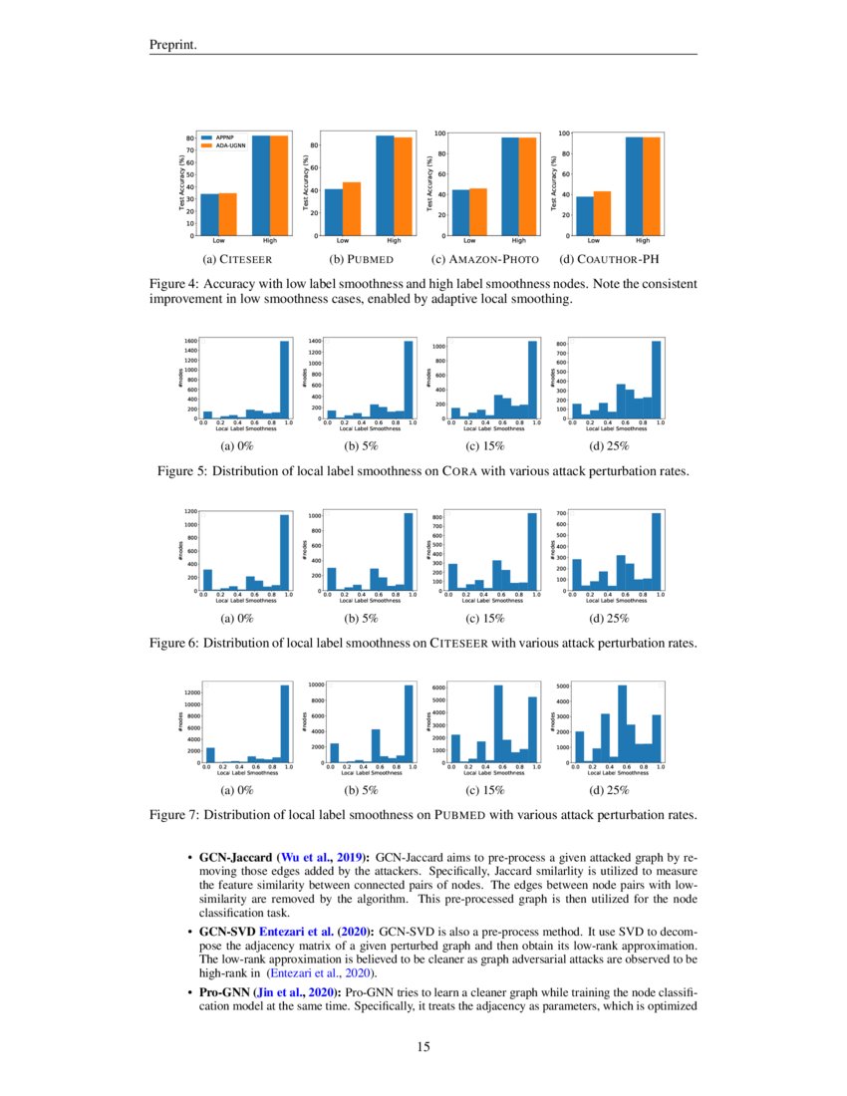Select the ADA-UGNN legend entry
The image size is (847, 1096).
(228, 144)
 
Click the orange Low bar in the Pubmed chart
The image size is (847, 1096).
(351, 208)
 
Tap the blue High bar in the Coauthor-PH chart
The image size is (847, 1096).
(634, 185)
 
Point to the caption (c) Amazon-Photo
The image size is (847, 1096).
(485, 260)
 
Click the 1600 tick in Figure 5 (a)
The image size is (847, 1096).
(189, 342)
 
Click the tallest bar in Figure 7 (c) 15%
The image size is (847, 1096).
(498, 723)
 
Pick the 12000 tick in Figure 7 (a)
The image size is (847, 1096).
(188, 691)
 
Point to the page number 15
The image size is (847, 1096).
(423, 1047)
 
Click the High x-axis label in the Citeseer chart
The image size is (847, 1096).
(269, 241)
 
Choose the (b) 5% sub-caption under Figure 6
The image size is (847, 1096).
(362, 619)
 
